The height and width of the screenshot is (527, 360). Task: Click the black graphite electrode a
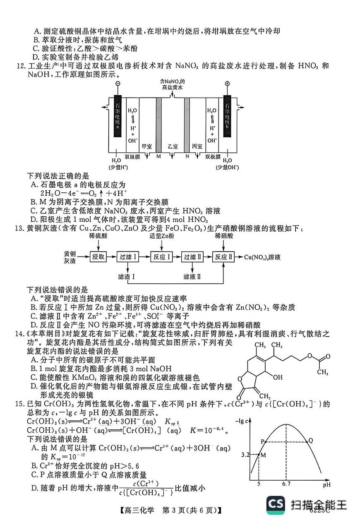coord(118,116)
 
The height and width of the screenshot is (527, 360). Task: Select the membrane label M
coord(158,156)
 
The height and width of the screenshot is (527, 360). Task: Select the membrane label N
coord(187,156)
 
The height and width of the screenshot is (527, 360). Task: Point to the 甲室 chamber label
coord(146,147)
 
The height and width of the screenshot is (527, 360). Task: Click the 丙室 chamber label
coord(197,147)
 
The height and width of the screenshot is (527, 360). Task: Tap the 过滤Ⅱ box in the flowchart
coord(193,257)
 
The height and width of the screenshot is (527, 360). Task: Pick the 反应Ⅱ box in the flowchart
coord(223,257)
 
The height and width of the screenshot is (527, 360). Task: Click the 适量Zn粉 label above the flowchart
coord(162,236)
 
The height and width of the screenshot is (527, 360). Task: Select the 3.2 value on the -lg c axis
coord(246,455)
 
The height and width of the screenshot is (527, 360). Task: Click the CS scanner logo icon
coord(275,504)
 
